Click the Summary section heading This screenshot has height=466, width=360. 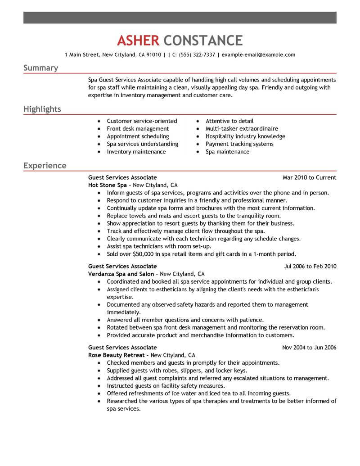tap(40, 68)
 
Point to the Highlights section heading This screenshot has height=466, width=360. tap(42, 109)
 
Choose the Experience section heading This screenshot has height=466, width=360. tap(45, 166)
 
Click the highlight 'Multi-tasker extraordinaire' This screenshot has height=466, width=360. tap(242, 129)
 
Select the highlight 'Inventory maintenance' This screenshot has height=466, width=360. tap(136, 152)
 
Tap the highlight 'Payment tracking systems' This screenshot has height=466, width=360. tap(239, 144)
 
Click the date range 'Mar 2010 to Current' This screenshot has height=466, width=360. tap(309, 177)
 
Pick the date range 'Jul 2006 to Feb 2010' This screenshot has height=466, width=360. tap(310, 266)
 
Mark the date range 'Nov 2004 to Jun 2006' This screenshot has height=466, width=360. tap(309, 347)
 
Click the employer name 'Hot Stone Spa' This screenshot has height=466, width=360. tap(108, 185)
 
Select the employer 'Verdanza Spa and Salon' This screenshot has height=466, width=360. tap(121, 274)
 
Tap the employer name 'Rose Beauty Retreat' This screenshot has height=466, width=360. tap(116, 355)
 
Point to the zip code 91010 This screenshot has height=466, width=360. tap(153, 55)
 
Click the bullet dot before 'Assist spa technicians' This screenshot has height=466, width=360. tap(99, 247)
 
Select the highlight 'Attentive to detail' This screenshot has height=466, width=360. tap(229, 121)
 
